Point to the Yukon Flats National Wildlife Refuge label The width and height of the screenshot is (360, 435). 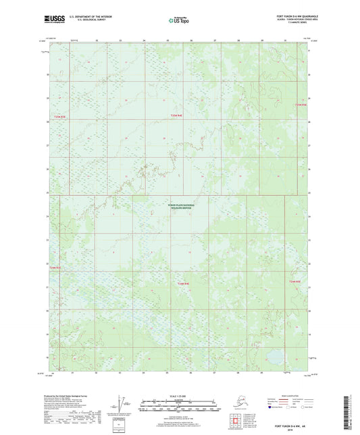click(180, 207)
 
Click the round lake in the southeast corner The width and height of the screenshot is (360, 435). click(277, 355)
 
